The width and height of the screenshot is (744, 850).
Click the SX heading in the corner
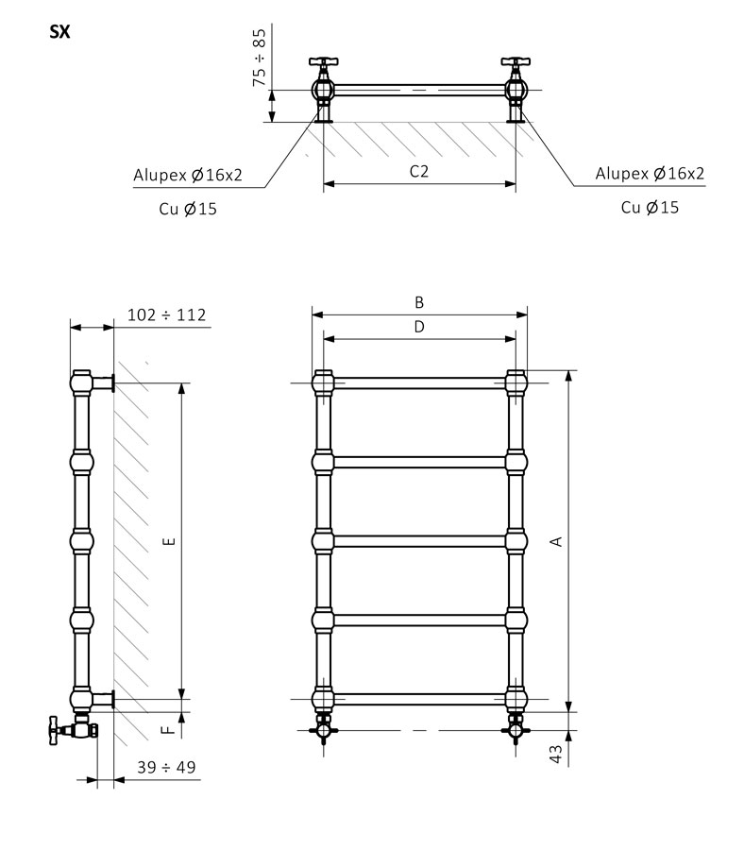click(x=59, y=32)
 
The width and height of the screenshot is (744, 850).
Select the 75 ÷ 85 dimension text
click(x=260, y=58)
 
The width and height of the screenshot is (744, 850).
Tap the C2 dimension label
click(x=419, y=171)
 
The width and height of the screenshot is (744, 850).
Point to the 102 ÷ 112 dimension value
click(x=166, y=314)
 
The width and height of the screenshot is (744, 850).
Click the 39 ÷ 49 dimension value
click(x=166, y=767)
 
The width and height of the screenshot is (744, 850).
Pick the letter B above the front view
click(x=419, y=302)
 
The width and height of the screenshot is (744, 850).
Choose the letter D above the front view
click(x=419, y=327)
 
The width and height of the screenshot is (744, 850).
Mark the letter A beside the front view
click(x=556, y=541)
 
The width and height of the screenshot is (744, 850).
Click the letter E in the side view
click(x=169, y=541)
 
